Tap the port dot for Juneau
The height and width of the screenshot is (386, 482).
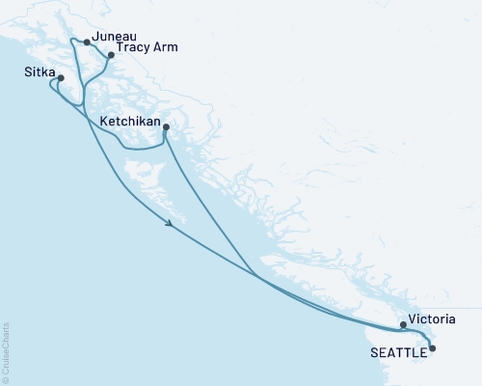click(x=88, y=42)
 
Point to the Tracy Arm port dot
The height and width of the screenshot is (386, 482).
click(x=111, y=55)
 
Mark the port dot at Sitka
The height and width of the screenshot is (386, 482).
click(x=61, y=78)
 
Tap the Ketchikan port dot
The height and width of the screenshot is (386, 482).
click(x=166, y=127)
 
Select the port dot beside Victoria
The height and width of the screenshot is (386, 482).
click(x=404, y=326)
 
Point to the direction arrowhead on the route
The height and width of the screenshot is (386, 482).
click(x=171, y=224)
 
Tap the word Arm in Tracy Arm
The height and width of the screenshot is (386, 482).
click(x=166, y=45)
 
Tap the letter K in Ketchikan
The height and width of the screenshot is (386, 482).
click(x=103, y=123)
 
